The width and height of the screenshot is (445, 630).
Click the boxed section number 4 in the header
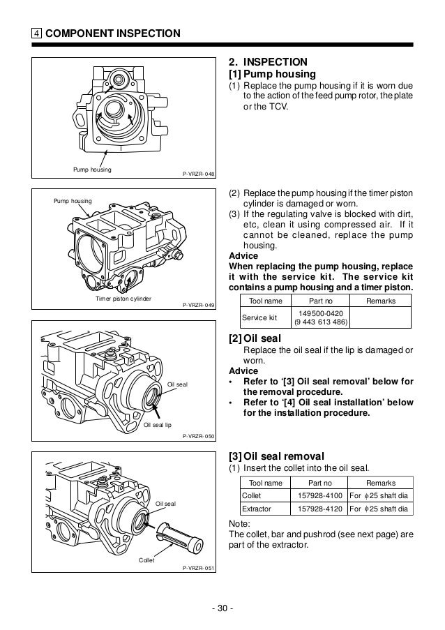36,33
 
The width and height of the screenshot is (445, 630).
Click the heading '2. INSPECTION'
268,61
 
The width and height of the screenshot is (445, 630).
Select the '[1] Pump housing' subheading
273,74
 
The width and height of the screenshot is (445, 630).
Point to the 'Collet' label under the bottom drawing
146,560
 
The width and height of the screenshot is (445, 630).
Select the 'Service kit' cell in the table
259,317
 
